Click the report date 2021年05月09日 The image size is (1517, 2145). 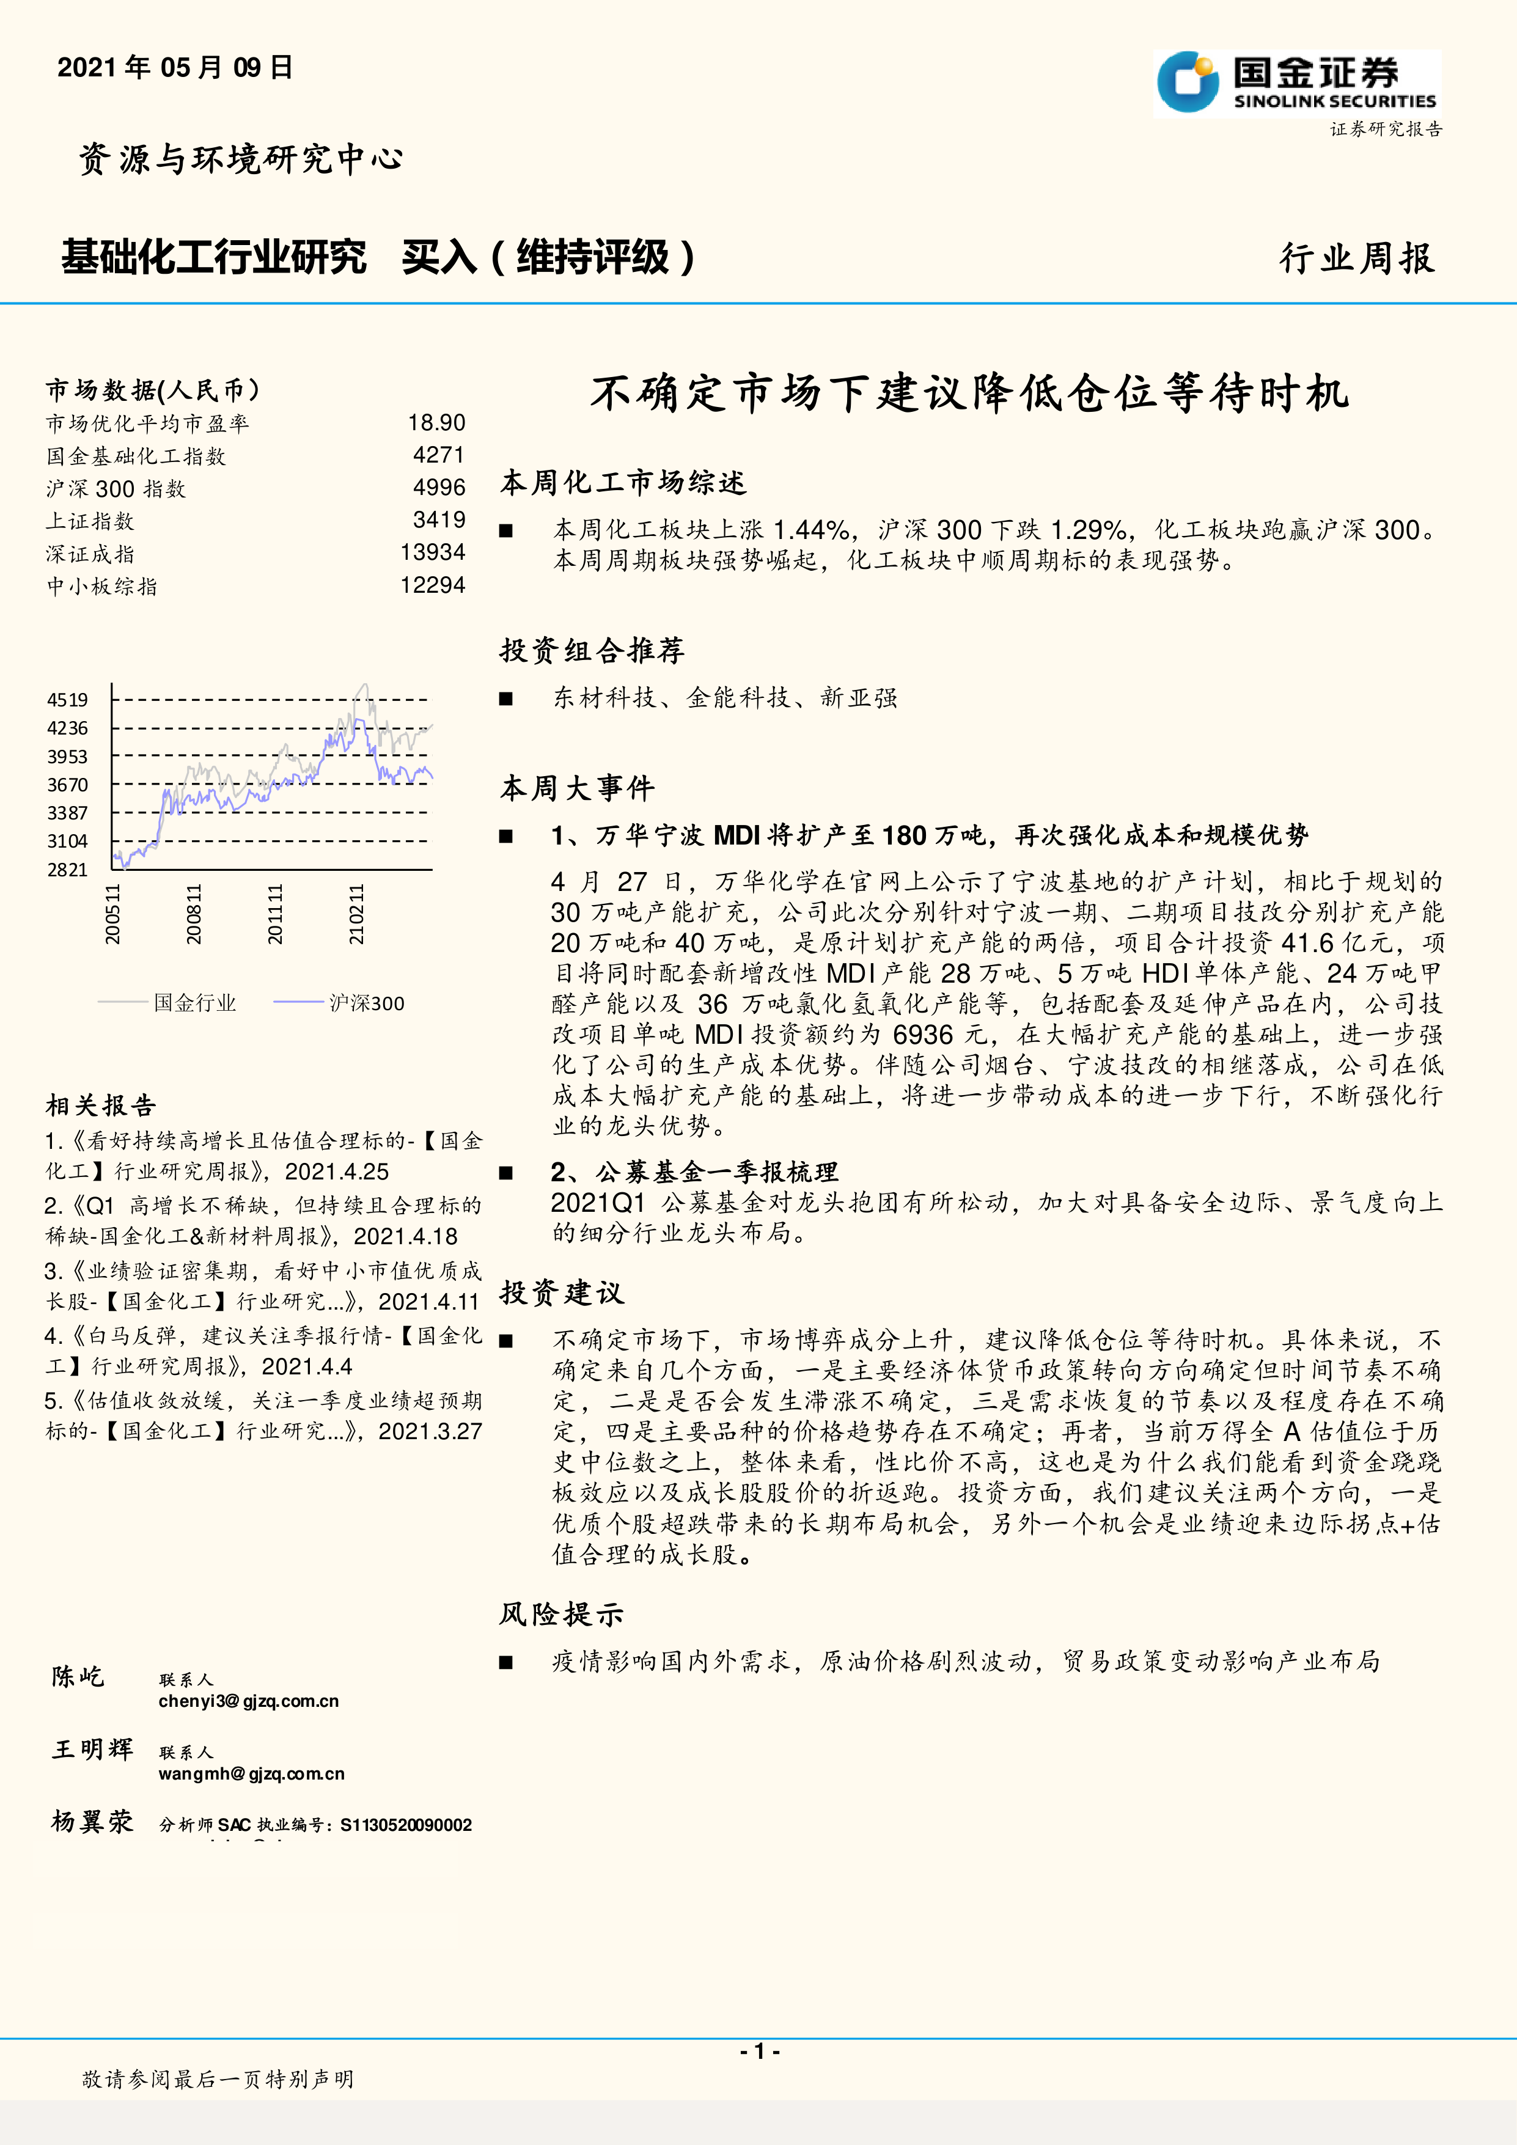click(175, 67)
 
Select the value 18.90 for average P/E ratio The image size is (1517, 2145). click(436, 424)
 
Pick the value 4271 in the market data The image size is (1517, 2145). click(439, 455)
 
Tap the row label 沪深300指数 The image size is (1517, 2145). click(116, 489)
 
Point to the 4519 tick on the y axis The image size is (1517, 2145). click(67, 700)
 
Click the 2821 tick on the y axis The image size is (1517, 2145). click(67, 870)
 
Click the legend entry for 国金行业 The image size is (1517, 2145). click(194, 1003)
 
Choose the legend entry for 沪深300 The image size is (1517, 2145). click(366, 1003)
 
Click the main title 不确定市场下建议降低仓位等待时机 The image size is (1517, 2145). click(969, 394)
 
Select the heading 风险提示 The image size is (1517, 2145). click(560, 1615)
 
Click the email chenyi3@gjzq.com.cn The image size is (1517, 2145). click(249, 1701)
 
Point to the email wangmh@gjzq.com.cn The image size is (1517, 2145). click(251, 1774)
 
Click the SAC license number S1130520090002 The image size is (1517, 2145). click(405, 1825)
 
